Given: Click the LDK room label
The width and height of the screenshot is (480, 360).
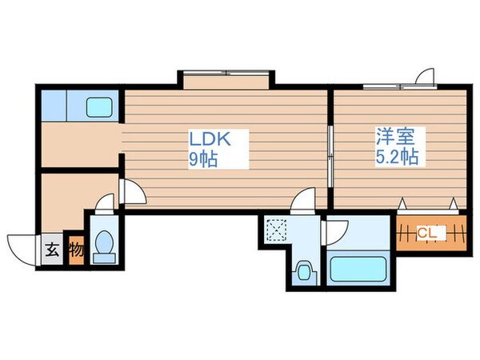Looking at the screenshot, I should pyautogui.click(x=210, y=138).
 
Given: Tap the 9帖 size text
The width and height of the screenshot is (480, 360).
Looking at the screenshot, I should pyautogui.click(x=203, y=158).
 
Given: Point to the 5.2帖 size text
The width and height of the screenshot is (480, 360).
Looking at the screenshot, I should pyautogui.click(x=396, y=158).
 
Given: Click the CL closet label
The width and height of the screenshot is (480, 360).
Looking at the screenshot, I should pyautogui.click(x=428, y=233).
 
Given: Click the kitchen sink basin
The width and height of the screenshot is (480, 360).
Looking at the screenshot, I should pyautogui.click(x=101, y=106).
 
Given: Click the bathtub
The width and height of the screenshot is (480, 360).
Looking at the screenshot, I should pyautogui.click(x=357, y=266).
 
